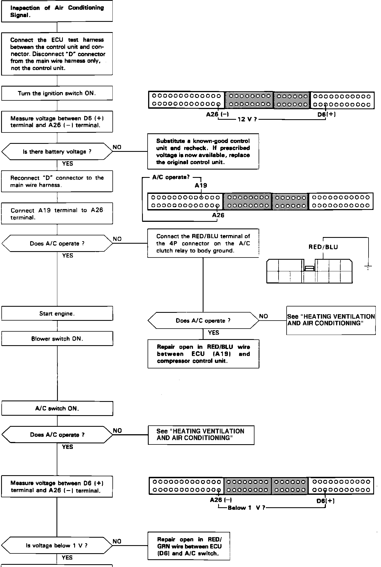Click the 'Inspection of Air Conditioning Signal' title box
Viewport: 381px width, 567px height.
click(57, 11)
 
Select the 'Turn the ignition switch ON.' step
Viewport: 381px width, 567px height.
click(57, 93)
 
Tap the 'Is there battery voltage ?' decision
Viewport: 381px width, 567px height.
click(57, 152)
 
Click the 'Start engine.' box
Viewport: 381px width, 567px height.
click(57, 314)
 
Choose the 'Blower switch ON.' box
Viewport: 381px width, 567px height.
click(57, 339)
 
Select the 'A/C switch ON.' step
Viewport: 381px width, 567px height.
click(57, 409)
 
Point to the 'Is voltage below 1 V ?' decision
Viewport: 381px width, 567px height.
click(57, 545)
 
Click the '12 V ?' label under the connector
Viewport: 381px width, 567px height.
click(247, 119)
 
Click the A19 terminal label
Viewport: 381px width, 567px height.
click(201, 186)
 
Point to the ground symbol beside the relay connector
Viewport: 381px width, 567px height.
click(368, 267)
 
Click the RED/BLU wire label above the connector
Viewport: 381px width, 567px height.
click(323, 247)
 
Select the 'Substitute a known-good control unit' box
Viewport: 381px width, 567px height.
click(203, 152)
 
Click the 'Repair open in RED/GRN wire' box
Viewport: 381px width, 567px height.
click(189, 546)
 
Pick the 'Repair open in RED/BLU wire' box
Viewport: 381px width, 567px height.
click(203, 354)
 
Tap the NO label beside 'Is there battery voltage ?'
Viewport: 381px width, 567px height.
click(117, 147)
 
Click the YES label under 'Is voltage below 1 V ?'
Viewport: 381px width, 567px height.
click(67, 558)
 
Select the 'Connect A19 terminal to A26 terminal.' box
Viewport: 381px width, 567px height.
click(57, 214)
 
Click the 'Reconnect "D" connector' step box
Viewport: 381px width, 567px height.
click(57, 181)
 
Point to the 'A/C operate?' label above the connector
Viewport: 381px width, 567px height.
click(171, 177)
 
